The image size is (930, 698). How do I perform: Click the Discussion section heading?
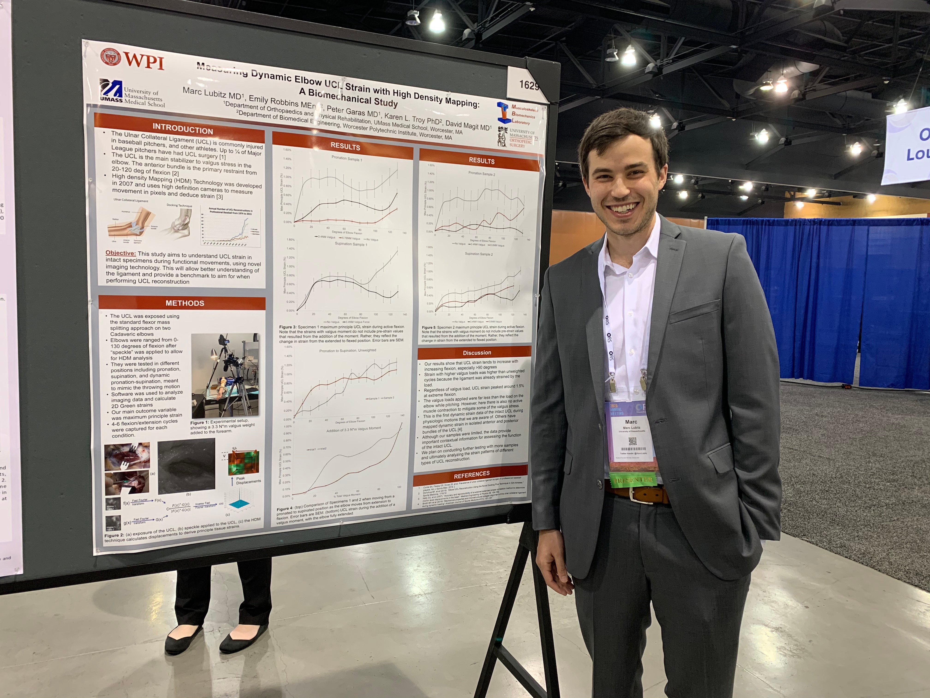pyautogui.click(x=477, y=352)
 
